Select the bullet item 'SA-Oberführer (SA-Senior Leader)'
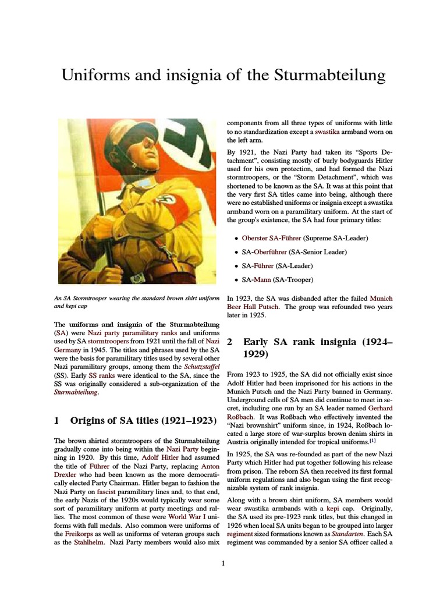click(295, 252)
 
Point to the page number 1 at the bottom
click(223, 563)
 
